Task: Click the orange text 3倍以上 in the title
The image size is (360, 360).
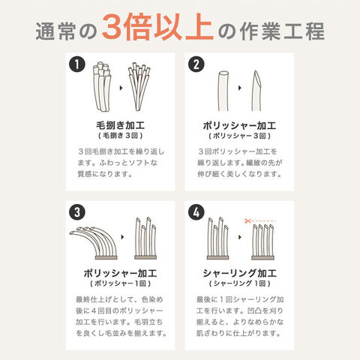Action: pos(157,27)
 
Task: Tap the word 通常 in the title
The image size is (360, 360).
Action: pos(55,31)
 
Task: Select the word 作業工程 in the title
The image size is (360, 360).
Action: pos(282,31)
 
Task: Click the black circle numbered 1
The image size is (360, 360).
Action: pos(77,64)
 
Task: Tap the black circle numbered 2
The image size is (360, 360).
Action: pos(196,64)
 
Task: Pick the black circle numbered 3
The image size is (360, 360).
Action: pos(77,212)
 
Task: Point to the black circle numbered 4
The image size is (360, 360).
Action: pos(196,212)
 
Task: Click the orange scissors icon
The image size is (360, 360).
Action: pos(247,221)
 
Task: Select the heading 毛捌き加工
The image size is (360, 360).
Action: pos(121,125)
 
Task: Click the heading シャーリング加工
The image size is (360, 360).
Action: pos(239,273)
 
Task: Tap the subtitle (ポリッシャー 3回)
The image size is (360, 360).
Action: pos(239,136)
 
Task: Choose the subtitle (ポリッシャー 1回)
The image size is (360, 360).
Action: pos(121,283)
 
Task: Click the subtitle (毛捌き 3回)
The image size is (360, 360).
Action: pos(121,136)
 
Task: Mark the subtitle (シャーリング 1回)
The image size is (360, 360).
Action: pos(239,283)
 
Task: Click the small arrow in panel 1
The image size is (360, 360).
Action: pos(121,88)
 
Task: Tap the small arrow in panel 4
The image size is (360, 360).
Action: pos(240,237)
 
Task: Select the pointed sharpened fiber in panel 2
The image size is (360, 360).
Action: pos(256,91)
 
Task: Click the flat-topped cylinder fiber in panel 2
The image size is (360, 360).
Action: pos(223,91)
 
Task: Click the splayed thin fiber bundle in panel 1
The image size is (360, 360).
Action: pos(139,86)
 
